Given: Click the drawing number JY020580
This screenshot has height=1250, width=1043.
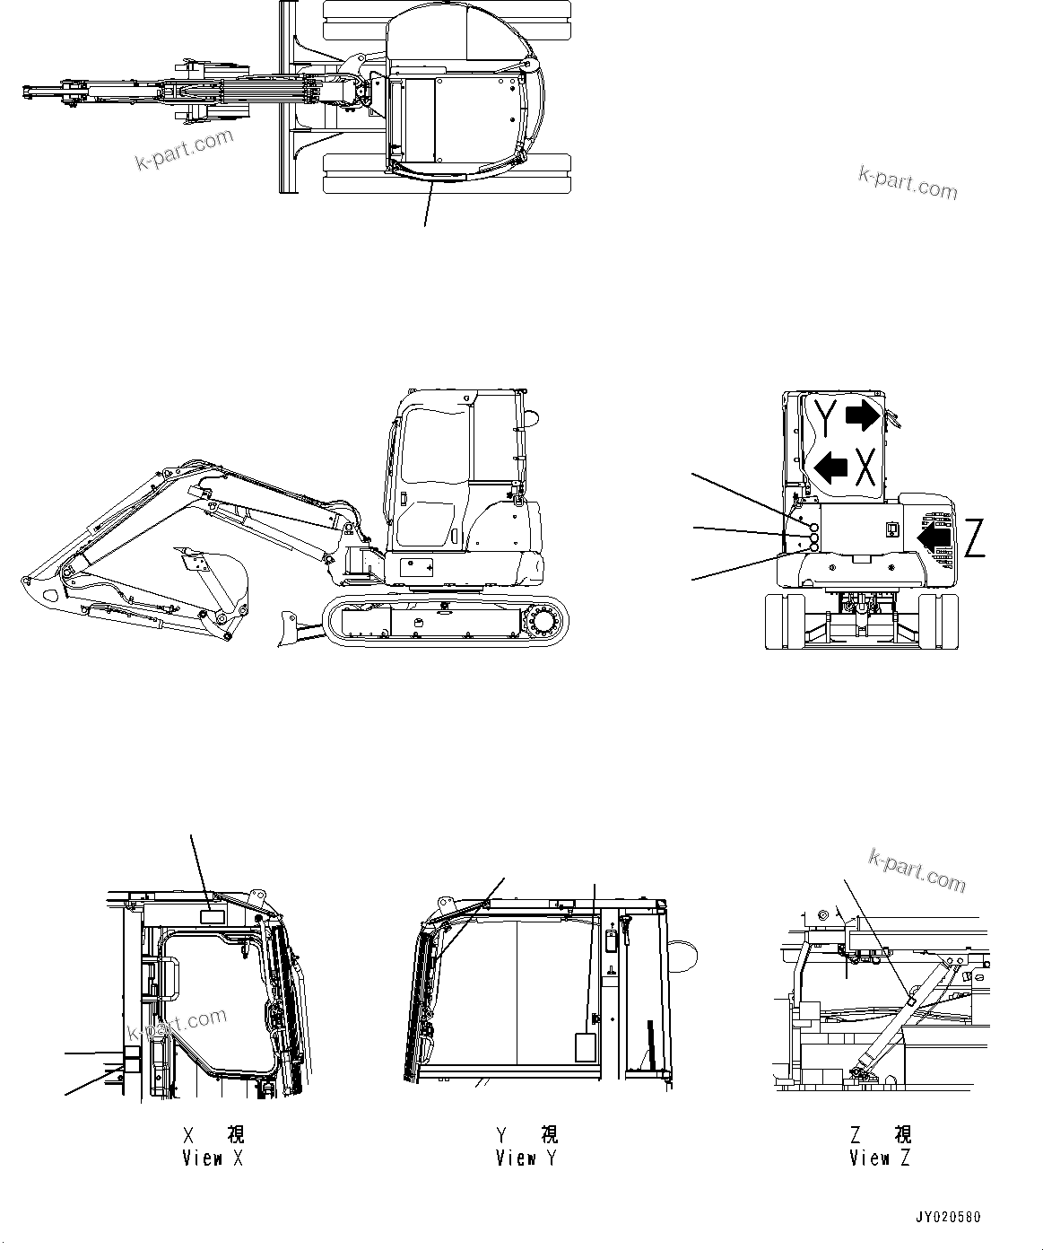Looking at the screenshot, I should click(x=948, y=1218).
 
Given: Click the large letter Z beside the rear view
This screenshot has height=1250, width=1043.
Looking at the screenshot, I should click(x=975, y=538).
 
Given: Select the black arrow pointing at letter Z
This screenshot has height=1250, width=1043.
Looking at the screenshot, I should click(x=934, y=537).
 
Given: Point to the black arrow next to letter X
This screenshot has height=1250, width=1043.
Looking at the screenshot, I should click(x=830, y=467).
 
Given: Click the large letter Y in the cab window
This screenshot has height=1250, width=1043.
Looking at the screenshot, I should click(x=827, y=418).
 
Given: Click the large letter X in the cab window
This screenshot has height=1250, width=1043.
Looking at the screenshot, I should click(x=865, y=467).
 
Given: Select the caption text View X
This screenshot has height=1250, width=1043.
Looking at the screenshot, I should click(x=213, y=1158).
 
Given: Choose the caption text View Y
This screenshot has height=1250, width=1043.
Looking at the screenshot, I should click(x=526, y=1158).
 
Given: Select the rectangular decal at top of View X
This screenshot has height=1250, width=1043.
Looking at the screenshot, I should click(x=214, y=916).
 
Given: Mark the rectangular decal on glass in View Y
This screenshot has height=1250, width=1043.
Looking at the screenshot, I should click(x=585, y=1047).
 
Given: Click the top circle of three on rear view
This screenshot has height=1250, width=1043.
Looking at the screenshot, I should click(x=813, y=528).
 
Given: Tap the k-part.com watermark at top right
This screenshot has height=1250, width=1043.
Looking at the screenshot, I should click(x=908, y=183).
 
